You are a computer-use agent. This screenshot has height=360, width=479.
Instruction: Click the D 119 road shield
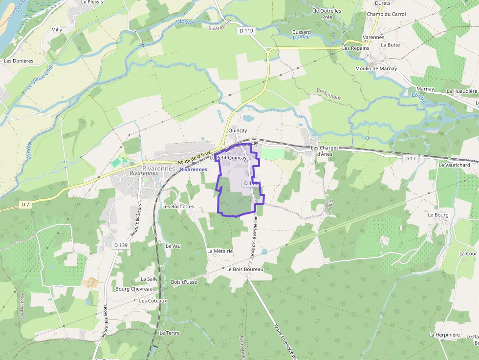(x=247, y=31)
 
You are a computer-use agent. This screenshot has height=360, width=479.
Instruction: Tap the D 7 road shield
(x=26, y=204)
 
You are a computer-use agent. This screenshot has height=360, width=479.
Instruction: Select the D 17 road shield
(x=411, y=159)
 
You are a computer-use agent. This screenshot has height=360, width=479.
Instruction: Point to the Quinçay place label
(x=238, y=131)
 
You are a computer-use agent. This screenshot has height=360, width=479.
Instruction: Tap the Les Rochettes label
(x=178, y=207)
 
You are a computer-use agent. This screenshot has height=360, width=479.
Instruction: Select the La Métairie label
(x=220, y=251)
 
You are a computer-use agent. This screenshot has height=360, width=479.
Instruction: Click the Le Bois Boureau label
(x=245, y=269)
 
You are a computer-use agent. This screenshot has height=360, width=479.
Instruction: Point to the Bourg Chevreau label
(x=134, y=289)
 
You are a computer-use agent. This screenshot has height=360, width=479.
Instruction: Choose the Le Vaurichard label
(x=454, y=165)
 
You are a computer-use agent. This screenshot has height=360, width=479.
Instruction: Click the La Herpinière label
(x=444, y=335)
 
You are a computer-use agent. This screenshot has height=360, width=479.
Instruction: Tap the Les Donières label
(x=19, y=61)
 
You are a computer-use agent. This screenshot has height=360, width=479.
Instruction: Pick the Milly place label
(x=57, y=30)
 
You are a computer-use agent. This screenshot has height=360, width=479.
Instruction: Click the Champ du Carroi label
(x=386, y=14)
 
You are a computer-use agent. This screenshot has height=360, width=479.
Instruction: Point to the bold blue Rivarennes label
(x=194, y=169)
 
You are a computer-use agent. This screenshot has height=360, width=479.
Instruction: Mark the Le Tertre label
(x=170, y=333)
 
